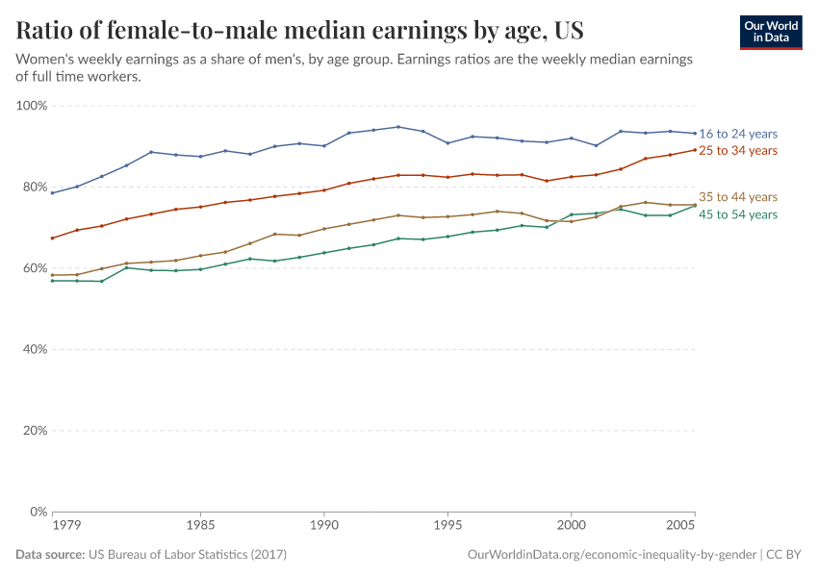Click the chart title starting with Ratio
(x=299, y=31)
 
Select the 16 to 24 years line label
(x=738, y=134)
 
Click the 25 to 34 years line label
(x=738, y=151)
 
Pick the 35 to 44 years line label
(x=738, y=197)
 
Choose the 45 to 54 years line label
(x=738, y=214)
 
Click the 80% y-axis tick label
(x=35, y=188)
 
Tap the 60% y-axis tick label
(x=35, y=268)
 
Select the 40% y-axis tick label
(x=35, y=349)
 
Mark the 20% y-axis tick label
(x=35, y=431)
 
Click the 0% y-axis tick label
(x=38, y=512)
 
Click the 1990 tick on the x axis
(x=324, y=527)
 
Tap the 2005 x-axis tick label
(x=681, y=527)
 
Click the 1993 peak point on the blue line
(x=398, y=127)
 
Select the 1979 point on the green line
(x=52, y=281)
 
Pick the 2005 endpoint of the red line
(x=695, y=149)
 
